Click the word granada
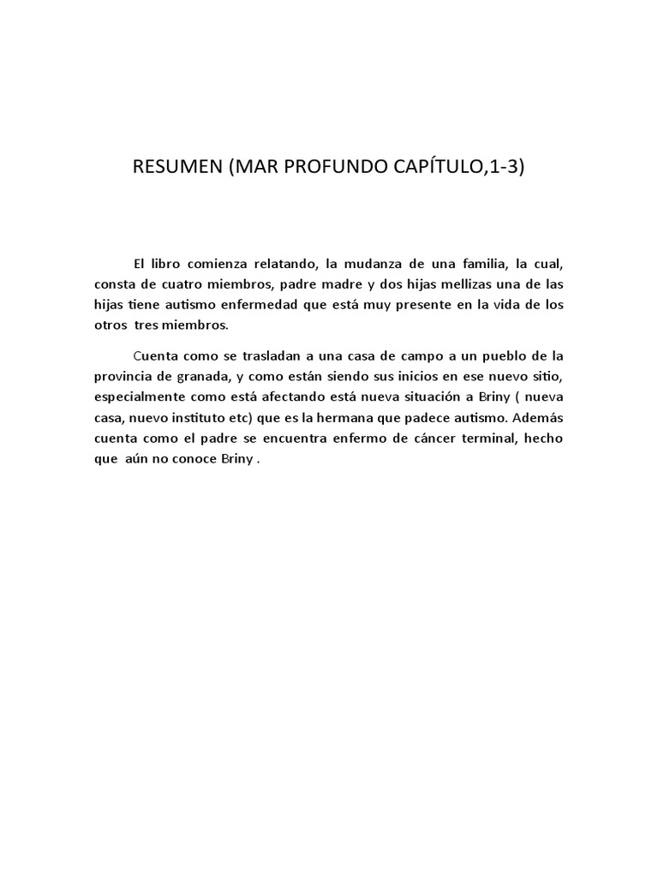[x=194, y=376]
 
